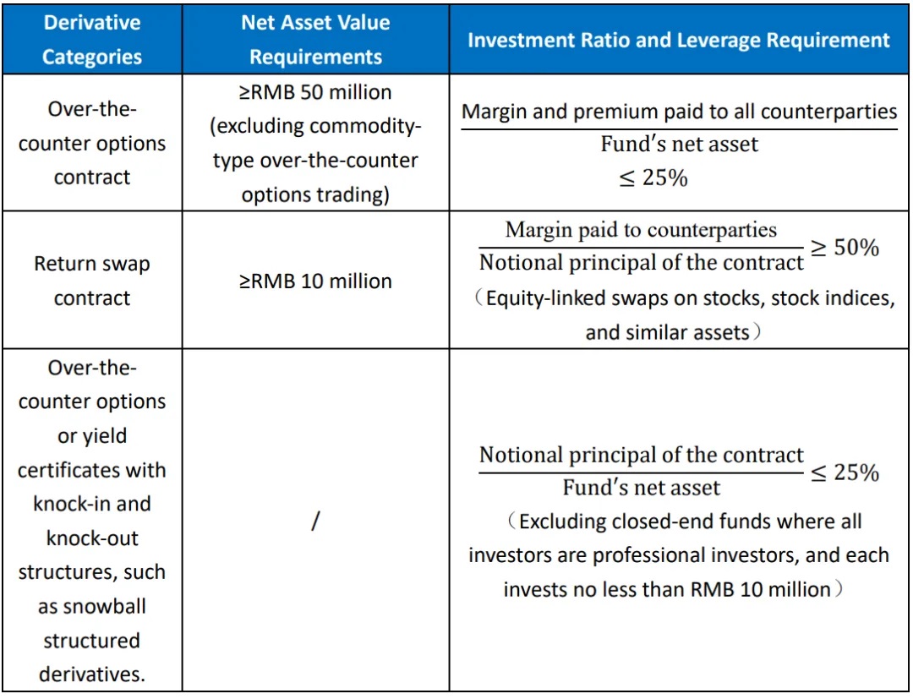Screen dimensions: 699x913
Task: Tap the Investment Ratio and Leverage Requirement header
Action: tap(679, 40)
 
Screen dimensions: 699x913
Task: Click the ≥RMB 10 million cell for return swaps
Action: tap(315, 281)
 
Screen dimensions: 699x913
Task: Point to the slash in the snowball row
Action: tap(314, 522)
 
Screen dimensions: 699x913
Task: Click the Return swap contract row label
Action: tap(91, 281)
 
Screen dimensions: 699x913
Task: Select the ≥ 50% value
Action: tap(845, 247)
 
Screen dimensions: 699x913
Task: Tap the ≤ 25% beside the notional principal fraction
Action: tap(845, 472)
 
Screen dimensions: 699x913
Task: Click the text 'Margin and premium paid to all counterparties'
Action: tap(679, 112)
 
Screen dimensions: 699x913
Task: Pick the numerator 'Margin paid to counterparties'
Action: tap(641, 229)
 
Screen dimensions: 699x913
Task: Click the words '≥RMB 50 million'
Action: tap(314, 92)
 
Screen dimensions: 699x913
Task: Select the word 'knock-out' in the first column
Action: tap(91, 538)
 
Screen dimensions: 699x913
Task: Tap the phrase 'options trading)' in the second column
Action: tap(314, 194)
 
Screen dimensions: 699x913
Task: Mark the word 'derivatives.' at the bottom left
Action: tap(91, 674)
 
